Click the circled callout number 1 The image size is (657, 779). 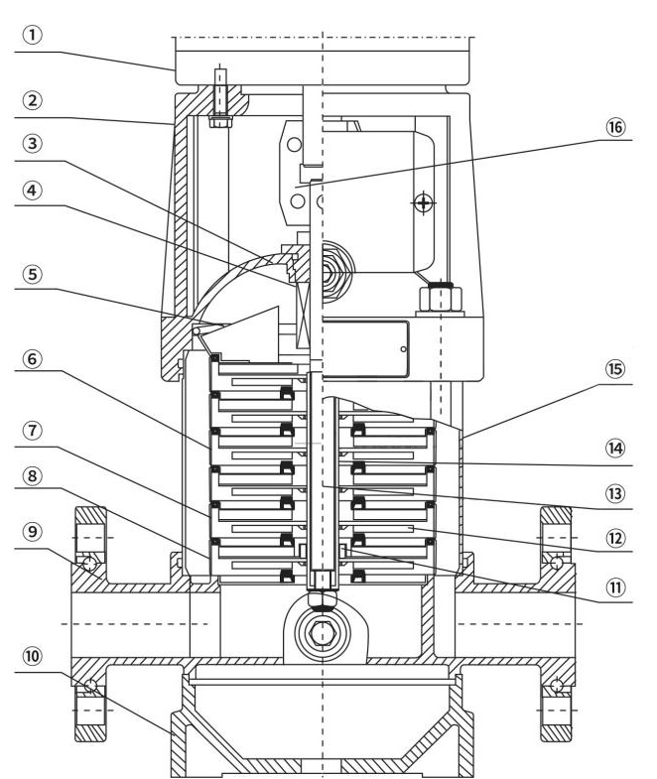coord(33,36)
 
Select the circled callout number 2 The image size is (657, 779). coord(33,101)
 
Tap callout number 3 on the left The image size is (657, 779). coord(33,144)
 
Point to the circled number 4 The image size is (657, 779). coord(33,191)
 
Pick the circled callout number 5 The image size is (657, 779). coord(33,274)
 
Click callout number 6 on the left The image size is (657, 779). coord(33,358)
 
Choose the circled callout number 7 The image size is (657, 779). coord(33,431)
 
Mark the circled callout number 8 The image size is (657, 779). coord(33,476)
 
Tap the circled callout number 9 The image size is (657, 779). coord(33,532)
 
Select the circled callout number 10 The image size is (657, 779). coord(33,656)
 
